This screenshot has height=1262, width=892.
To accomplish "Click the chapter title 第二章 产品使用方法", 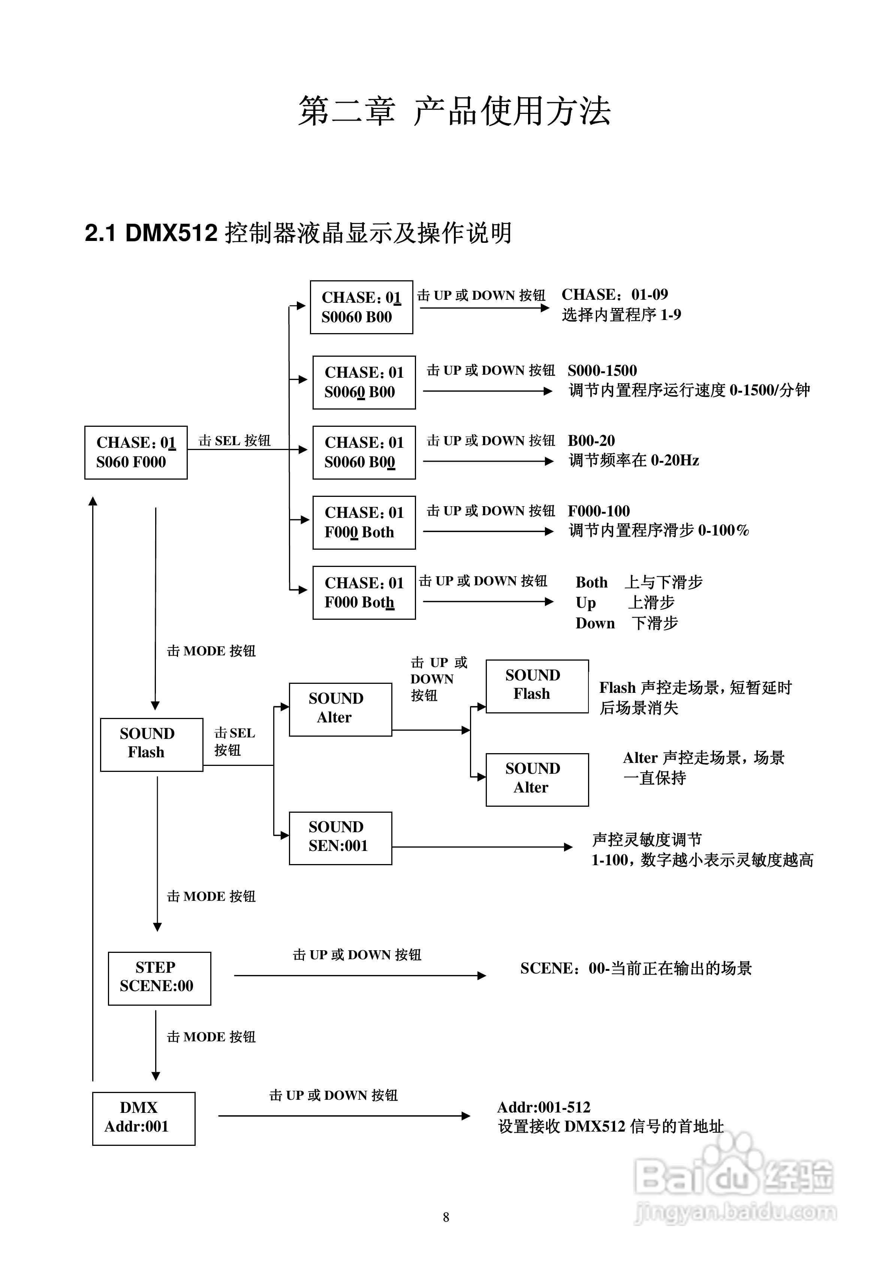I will [454, 111].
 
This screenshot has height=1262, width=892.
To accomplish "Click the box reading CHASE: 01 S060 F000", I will [136, 452].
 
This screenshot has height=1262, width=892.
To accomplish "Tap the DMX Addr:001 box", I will [144, 1118].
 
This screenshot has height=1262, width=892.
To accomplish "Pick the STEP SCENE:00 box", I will [159, 978].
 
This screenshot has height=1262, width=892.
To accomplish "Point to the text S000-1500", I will [602, 371].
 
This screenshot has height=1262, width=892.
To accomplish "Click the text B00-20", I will [591, 440].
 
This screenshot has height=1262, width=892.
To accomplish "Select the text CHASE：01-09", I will [614, 295].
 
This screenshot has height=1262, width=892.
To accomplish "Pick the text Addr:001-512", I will [543, 1106].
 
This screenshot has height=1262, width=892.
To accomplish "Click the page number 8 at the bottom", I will [446, 1217].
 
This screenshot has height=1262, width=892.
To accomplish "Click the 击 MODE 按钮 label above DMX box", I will [211, 1037].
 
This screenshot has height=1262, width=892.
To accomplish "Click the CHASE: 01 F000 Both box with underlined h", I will [364, 592].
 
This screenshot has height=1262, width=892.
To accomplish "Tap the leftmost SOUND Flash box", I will [151, 744].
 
